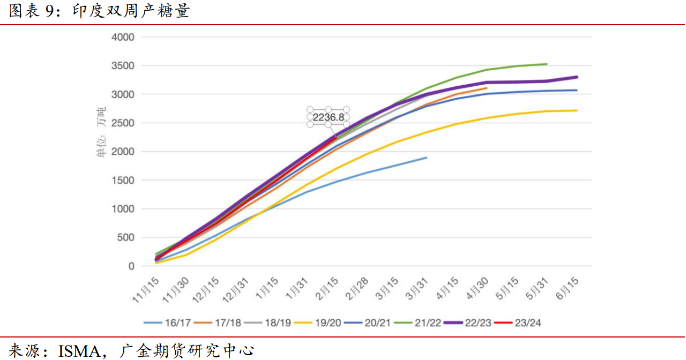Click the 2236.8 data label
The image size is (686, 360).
pos(329,117)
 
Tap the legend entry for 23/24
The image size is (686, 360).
pos(527,322)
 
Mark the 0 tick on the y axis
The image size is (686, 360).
pos(130,266)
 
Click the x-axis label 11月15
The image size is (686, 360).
pos(147,290)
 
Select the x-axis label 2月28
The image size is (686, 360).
pos(357,290)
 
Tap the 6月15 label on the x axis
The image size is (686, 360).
pos(567,290)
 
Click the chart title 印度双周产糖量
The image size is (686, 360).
pos(131,11)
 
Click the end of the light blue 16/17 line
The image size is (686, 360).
pos(427,157)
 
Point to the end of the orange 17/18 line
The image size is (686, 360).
pos(487,88)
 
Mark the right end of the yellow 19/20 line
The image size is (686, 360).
pos(577,110)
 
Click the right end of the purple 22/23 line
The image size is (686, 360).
pos(577,77)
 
